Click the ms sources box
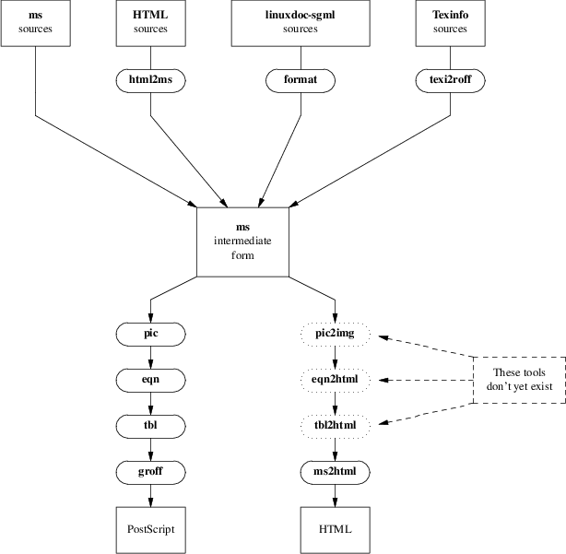[x=36, y=22]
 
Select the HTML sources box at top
[x=151, y=22]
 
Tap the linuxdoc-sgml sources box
[x=301, y=22]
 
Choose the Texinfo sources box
[x=451, y=22]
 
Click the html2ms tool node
[x=151, y=80]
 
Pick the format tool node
[x=301, y=80]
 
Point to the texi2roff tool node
[x=451, y=80]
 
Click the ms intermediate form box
[x=243, y=242]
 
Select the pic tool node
[x=151, y=333]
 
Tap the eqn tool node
[x=151, y=379]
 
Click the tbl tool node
[x=151, y=425]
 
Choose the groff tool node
[x=151, y=471]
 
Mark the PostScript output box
[x=151, y=529]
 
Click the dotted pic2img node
[x=336, y=333]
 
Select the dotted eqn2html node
[x=336, y=379]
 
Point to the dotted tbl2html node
[x=336, y=425]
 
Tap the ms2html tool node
[x=336, y=471]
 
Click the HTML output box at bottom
[x=336, y=529]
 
